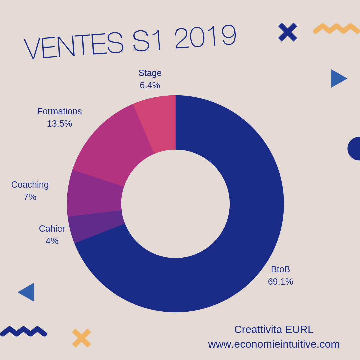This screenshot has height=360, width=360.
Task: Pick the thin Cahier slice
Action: (x=97, y=227)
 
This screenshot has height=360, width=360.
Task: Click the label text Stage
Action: (x=150, y=73)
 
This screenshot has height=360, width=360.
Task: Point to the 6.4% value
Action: (x=150, y=85)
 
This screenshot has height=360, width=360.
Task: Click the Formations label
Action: (x=59, y=111)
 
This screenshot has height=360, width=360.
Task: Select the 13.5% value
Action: (x=59, y=124)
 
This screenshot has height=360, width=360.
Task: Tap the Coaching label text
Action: (x=30, y=185)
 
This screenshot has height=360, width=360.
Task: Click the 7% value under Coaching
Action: (x=30, y=197)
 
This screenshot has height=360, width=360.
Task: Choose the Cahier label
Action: (x=52, y=229)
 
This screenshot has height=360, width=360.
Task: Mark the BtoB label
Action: (x=280, y=269)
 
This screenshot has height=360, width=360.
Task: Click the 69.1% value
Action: (x=280, y=282)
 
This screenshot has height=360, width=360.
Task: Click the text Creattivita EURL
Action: (x=274, y=329)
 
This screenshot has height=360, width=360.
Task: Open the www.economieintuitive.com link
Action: (x=274, y=344)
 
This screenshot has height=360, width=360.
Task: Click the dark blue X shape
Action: (x=287, y=32)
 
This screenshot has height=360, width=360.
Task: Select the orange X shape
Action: (x=81, y=338)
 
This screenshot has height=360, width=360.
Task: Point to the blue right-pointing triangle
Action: (x=337, y=79)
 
